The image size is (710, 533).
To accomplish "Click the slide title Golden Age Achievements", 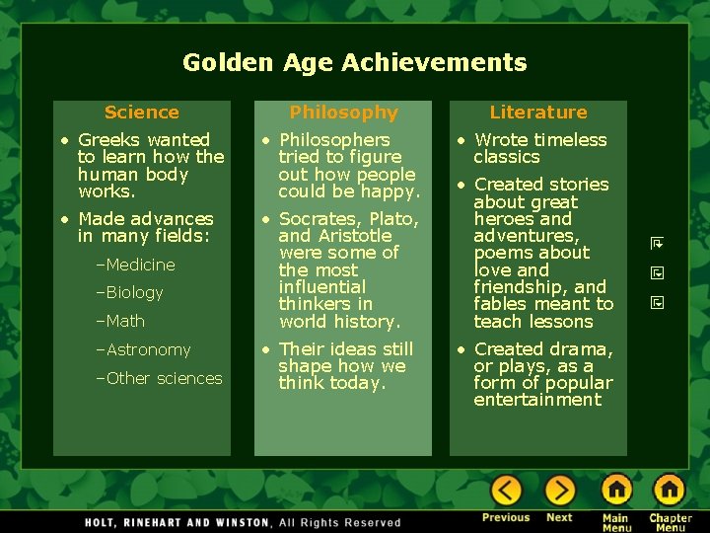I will (x=355, y=63).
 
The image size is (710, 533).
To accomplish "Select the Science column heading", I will (x=142, y=113).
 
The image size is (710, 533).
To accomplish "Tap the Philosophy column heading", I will (x=343, y=113).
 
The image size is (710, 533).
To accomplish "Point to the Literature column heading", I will (x=538, y=113).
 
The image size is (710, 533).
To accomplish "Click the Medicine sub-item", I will (x=140, y=265).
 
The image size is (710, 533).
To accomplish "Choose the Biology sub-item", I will (x=134, y=292).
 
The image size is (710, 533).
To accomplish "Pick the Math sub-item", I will (x=125, y=321).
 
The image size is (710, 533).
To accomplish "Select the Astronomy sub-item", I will (x=148, y=349).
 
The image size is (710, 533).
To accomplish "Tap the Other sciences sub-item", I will (x=164, y=378).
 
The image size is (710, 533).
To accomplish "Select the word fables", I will (x=503, y=304).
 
